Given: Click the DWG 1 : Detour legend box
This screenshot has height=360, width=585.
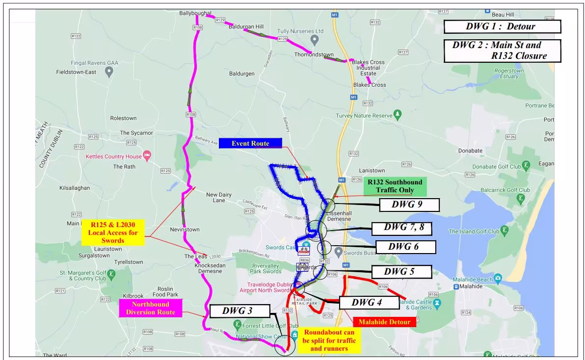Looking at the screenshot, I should [502, 26].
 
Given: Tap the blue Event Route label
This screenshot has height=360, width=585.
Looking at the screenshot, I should [250, 143].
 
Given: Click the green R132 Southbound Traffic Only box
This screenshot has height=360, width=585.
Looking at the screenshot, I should [395, 186].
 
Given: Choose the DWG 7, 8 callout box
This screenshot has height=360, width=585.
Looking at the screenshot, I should [403, 228].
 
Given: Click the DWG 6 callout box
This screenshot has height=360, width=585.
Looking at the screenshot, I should [405, 247].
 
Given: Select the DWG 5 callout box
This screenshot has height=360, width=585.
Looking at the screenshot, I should [401, 272].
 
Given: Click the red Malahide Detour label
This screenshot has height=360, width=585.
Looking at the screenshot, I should [384, 322].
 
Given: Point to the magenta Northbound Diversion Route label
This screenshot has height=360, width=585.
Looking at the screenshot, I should [151, 308].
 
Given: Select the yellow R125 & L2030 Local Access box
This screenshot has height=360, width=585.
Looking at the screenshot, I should [113, 232].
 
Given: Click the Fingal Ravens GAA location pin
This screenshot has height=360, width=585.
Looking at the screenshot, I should [109, 72].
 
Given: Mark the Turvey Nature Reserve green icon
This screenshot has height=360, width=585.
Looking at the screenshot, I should [398, 115].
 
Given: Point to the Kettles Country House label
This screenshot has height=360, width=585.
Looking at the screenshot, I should [113, 157].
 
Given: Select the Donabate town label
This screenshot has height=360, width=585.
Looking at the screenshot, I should [470, 151].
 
